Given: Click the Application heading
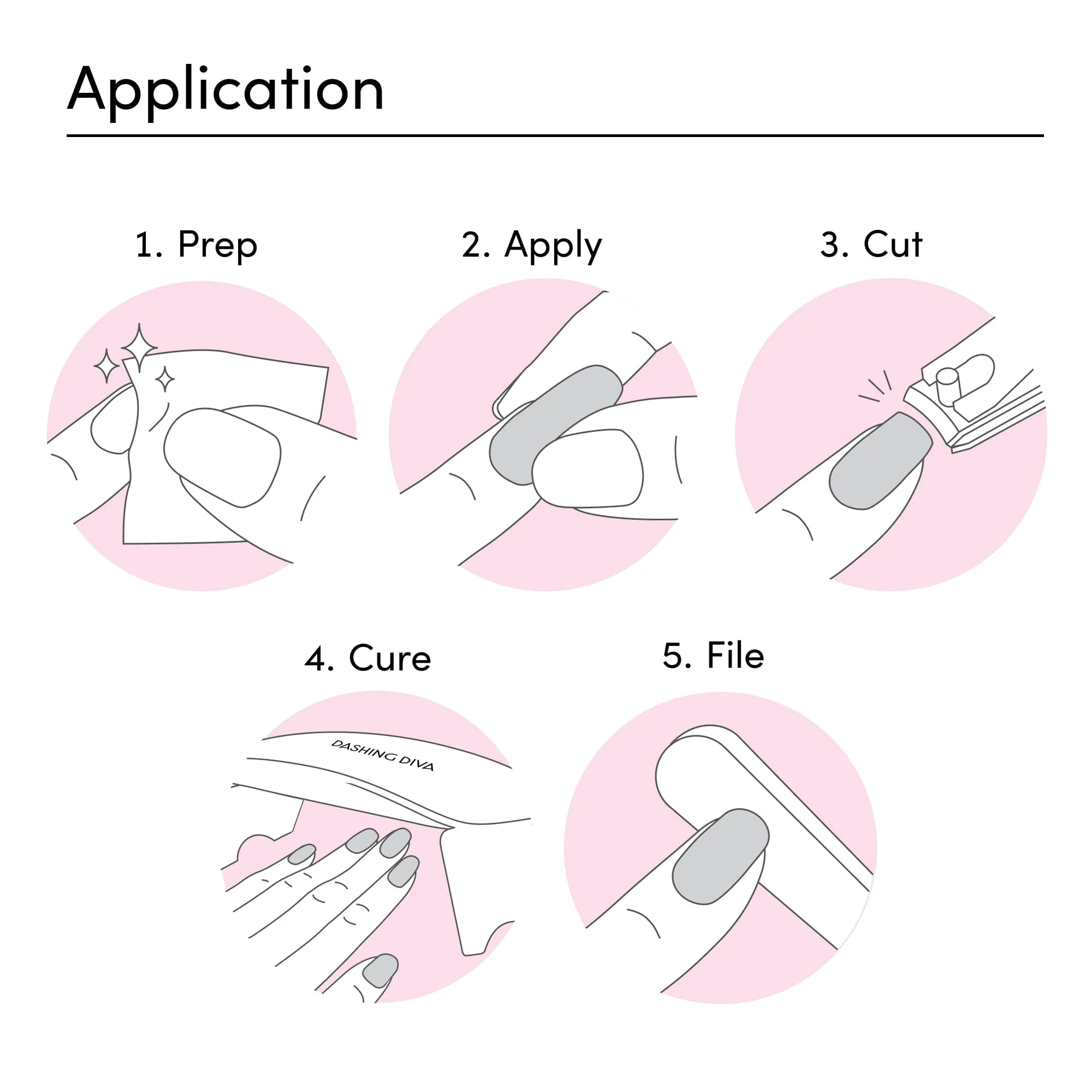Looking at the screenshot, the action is [225, 91].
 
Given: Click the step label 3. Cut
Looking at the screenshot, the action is [871, 245].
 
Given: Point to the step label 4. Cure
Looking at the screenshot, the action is [367, 658].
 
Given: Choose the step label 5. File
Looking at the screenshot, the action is [713, 656].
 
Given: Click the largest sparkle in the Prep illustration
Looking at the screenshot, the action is [139, 348].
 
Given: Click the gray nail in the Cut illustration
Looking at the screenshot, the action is [880, 461].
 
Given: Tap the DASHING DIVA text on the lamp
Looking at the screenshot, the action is [383, 755].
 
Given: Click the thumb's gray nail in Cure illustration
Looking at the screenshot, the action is [381, 970].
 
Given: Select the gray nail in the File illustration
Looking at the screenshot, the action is [720, 857].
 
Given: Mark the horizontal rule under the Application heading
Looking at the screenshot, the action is [555, 135].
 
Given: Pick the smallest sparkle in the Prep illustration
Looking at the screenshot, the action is [164, 379].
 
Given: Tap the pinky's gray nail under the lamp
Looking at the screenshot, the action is [302, 854].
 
